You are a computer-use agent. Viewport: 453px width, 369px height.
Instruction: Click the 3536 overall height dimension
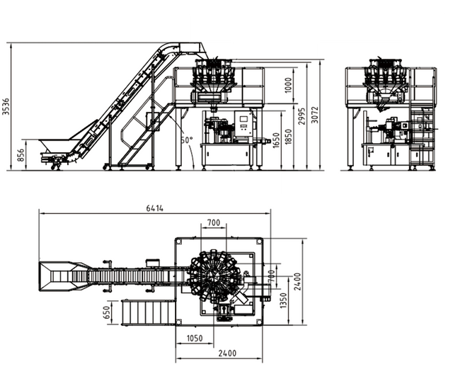coord(6,106)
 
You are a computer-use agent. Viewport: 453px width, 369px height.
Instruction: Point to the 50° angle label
coord(186,140)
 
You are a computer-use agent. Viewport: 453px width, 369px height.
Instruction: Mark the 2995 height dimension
coord(302,118)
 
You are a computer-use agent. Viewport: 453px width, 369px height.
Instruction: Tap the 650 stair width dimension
coord(107,312)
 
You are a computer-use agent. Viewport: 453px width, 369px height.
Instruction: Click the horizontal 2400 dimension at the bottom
coord(227,353)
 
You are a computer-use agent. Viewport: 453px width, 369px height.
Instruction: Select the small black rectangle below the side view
coord(256,183)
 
